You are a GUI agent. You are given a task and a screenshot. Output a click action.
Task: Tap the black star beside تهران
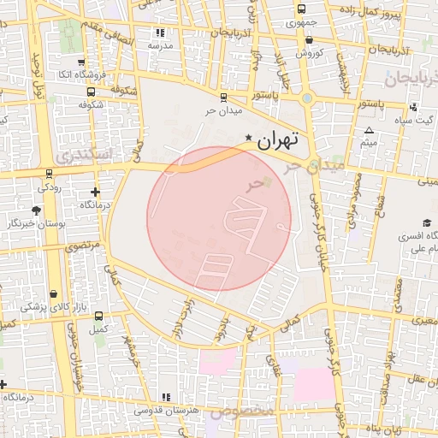click(248, 138)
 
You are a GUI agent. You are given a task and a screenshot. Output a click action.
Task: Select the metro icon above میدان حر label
click(223, 97)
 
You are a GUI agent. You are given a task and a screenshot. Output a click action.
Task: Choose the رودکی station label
click(46, 185)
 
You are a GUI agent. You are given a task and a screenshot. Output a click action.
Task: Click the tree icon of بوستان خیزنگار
click(36, 210)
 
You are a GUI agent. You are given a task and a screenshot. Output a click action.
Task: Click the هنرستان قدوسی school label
click(166, 411)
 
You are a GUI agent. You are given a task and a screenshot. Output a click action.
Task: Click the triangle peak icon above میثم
click(369, 130)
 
